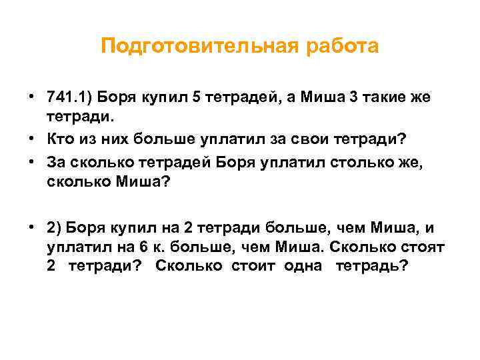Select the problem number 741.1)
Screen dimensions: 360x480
(x=69, y=97)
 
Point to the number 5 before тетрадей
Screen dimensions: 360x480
(x=195, y=97)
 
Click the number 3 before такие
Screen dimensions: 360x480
(x=354, y=97)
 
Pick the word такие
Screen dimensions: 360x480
(x=387, y=97)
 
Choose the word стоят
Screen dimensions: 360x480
(x=421, y=246)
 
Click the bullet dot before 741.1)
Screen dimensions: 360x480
(x=32, y=97)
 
